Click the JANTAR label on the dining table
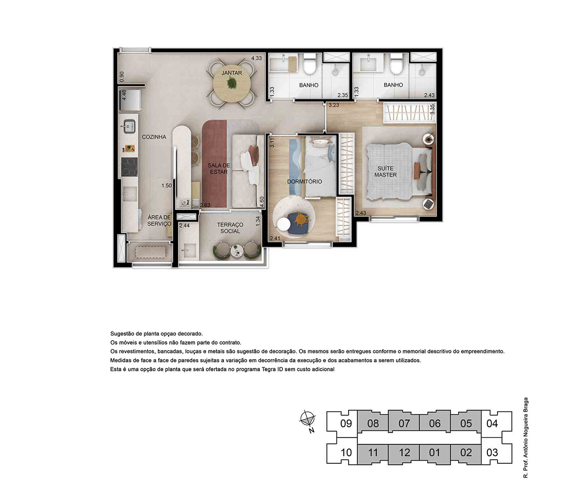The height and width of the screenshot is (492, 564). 232,73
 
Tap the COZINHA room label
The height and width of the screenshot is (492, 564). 154,137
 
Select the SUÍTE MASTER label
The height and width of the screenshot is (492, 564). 386,172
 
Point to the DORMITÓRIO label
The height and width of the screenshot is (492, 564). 305,182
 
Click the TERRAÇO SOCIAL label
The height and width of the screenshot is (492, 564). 230,228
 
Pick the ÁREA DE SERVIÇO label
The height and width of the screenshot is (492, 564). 159,221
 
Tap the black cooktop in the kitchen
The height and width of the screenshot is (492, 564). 129,167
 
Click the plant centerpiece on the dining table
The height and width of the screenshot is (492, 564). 231,83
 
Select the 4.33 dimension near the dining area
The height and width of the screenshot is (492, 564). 256,58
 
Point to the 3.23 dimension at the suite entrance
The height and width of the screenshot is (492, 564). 334,105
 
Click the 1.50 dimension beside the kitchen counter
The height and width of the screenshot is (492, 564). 166,186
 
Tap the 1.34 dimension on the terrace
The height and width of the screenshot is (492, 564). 258,221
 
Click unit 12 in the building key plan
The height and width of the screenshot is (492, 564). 404,452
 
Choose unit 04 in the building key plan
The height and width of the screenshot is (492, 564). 492,423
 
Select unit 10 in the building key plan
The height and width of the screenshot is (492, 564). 346,452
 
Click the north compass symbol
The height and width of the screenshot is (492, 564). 308,420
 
